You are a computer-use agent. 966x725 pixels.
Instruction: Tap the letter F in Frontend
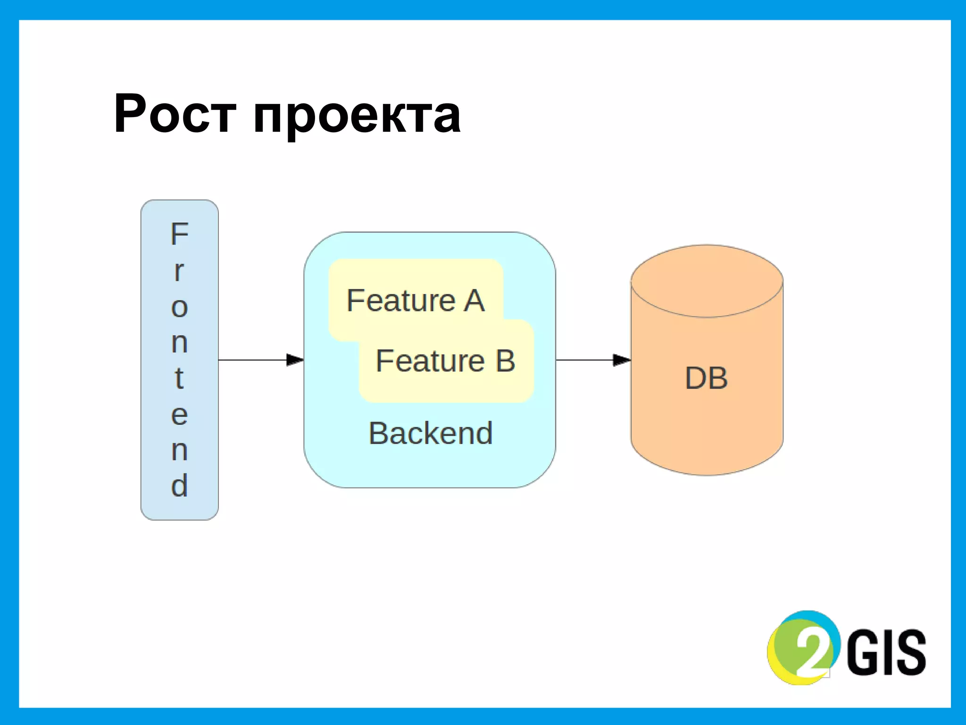(180, 234)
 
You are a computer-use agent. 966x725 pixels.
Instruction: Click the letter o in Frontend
(179, 308)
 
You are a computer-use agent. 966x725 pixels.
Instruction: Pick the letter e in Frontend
(179, 415)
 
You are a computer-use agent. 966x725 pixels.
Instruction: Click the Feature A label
(415, 301)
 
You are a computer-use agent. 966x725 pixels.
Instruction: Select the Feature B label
(445, 361)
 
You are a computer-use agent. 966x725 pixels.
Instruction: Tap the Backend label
(431, 433)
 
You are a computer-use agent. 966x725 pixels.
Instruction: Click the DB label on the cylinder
(706, 378)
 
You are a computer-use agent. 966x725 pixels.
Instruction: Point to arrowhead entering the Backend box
(295, 360)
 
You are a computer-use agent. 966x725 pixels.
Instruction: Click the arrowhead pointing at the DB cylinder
(622, 360)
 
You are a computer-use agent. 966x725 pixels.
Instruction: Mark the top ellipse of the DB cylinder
(707, 281)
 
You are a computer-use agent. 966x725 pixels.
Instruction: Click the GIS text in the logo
(887, 652)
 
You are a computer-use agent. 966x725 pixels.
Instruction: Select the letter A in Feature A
(474, 301)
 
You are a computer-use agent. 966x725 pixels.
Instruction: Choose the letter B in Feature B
(505, 361)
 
